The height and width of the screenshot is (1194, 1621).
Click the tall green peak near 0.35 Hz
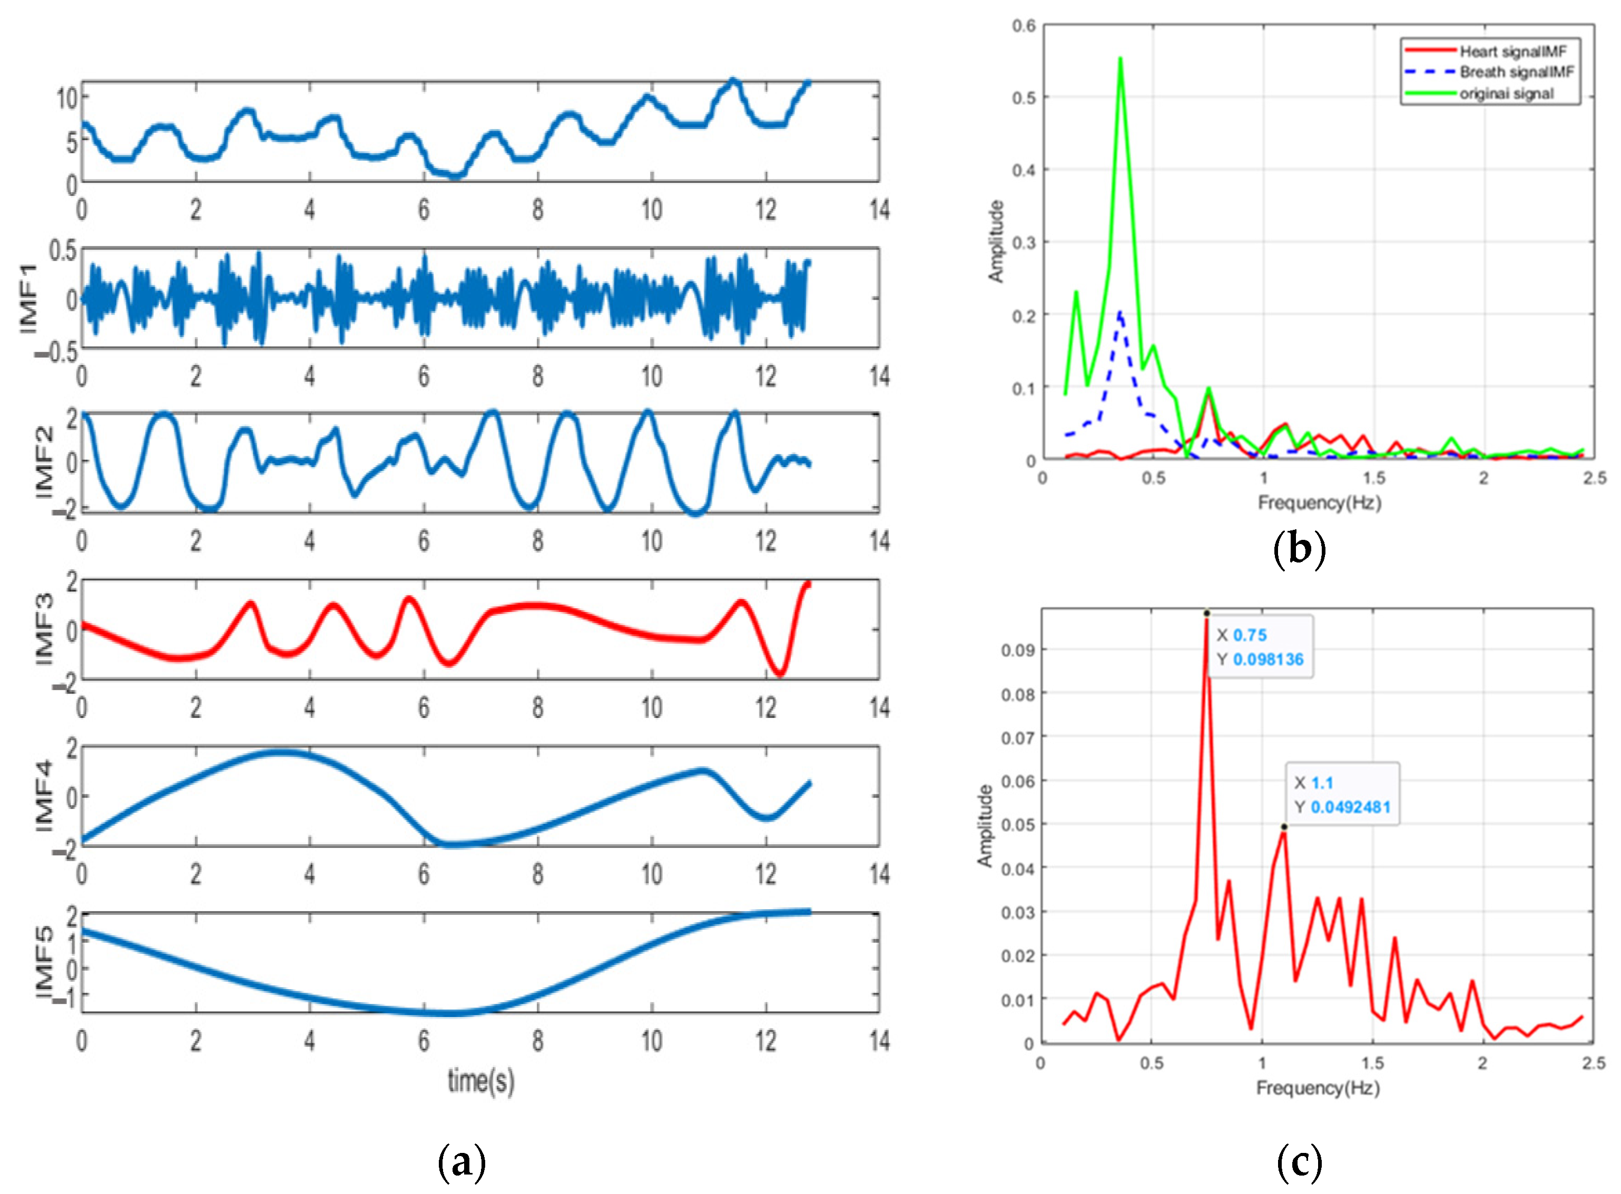[x=1120, y=60]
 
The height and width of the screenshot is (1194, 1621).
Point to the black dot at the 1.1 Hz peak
[x=1284, y=826]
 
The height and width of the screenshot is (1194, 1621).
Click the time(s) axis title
[x=481, y=1081]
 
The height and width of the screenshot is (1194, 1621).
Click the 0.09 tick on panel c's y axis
[x=1017, y=650]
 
